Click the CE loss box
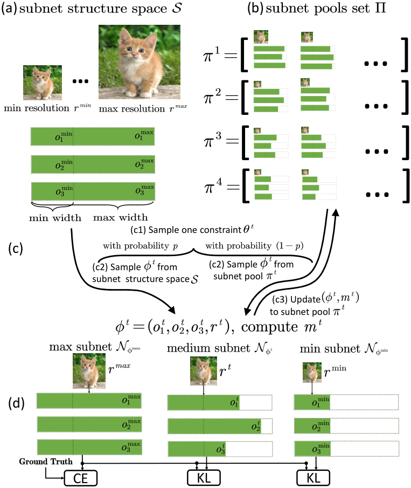coord(80,478)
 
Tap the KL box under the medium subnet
coord(204,477)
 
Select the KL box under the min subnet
coord(313,477)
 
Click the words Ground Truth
coord(46,461)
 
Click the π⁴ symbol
coord(213,185)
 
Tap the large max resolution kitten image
coord(140,62)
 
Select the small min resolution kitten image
coord(43,83)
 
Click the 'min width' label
coord(55,217)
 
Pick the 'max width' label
coord(120,217)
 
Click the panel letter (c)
coord(16,249)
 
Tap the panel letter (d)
coord(16,403)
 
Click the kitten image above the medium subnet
coord(204,371)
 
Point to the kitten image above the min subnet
coord(312,373)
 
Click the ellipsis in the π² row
coord(376,106)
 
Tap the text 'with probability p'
coord(141,246)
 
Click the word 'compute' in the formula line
coord(269,327)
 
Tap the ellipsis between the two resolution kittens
coord(80,81)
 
